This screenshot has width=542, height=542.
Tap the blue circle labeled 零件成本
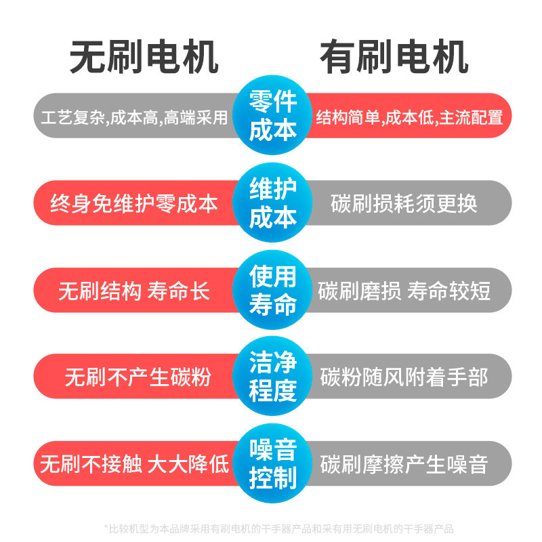pyautogui.click(x=273, y=116)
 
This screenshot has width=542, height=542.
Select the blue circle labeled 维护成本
pyautogui.click(x=273, y=203)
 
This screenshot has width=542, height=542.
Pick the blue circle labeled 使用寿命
pyautogui.click(x=273, y=290)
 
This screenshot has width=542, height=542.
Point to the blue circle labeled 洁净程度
pyautogui.click(x=273, y=377)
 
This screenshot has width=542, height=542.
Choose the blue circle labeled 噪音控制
pyautogui.click(x=273, y=464)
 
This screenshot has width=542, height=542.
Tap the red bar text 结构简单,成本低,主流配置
pyautogui.click(x=410, y=117)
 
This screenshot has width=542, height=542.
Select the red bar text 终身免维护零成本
pyautogui.click(x=134, y=203)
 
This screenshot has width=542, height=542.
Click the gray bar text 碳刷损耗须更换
pyautogui.click(x=404, y=203)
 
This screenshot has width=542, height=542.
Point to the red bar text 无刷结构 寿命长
pyautogui.click(x=134, y=291)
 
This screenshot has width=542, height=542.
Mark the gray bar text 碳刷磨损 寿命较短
pyautogui.click(x=404, y=291)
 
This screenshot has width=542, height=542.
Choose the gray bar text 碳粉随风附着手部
pyautogui.click(x=404, y=377)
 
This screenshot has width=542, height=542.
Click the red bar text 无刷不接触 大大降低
pyautogui.click(x=134, y=465)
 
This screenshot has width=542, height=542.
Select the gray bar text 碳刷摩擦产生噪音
pyautogui.click(x=404, y=465)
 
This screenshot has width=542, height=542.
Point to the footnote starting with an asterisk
pyautogui.click(x=278, y=528)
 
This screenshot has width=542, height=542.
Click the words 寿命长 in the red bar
pyautogui.click(x=179, y=291)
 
